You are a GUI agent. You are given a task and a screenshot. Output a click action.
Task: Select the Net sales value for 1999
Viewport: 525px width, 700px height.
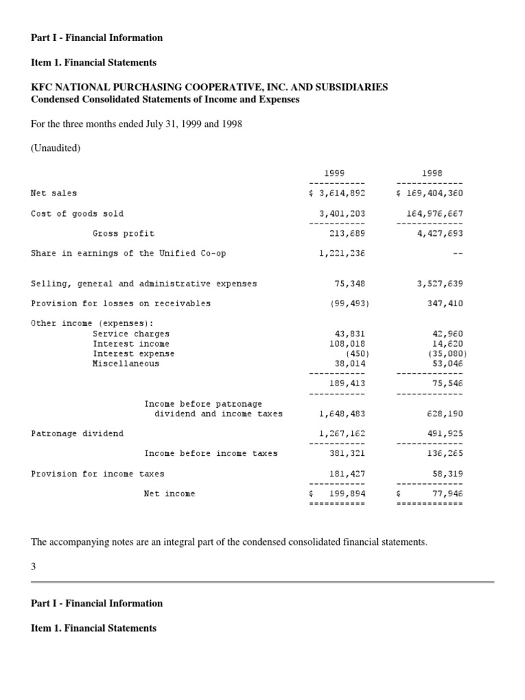(x=337, y=193)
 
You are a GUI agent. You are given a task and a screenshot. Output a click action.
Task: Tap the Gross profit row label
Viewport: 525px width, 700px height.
(x=124, y=233)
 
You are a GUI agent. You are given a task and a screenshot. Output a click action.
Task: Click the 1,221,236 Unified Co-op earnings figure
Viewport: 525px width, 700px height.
(x=342, y=253)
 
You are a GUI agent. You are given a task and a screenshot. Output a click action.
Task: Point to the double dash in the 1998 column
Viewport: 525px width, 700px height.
(x=457, y=253)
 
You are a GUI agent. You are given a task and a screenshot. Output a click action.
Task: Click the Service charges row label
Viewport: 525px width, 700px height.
(x=131, y=334)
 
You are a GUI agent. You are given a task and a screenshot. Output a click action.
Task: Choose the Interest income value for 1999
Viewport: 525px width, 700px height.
(x=347, y=344)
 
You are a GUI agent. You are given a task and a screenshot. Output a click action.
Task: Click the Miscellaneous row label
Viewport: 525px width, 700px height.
(x=126, y=364)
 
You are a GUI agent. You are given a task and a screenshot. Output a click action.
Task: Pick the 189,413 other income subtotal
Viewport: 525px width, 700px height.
(x=347, y=383)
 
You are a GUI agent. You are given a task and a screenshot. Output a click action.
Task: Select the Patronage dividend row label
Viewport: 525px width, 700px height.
(x=77, y=433)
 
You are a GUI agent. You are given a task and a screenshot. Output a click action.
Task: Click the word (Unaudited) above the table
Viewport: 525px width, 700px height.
(x=56, y=148)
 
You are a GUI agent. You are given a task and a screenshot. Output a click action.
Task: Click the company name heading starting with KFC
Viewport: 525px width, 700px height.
(x=209, y=87)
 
